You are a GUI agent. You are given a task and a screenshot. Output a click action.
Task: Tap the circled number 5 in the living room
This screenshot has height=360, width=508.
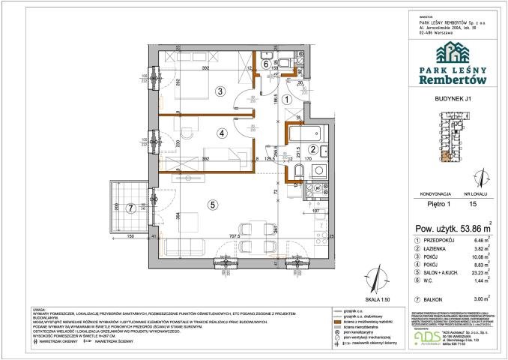pos(213,203)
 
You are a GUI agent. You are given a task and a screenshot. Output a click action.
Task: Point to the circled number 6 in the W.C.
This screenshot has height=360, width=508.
pos(267,64)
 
